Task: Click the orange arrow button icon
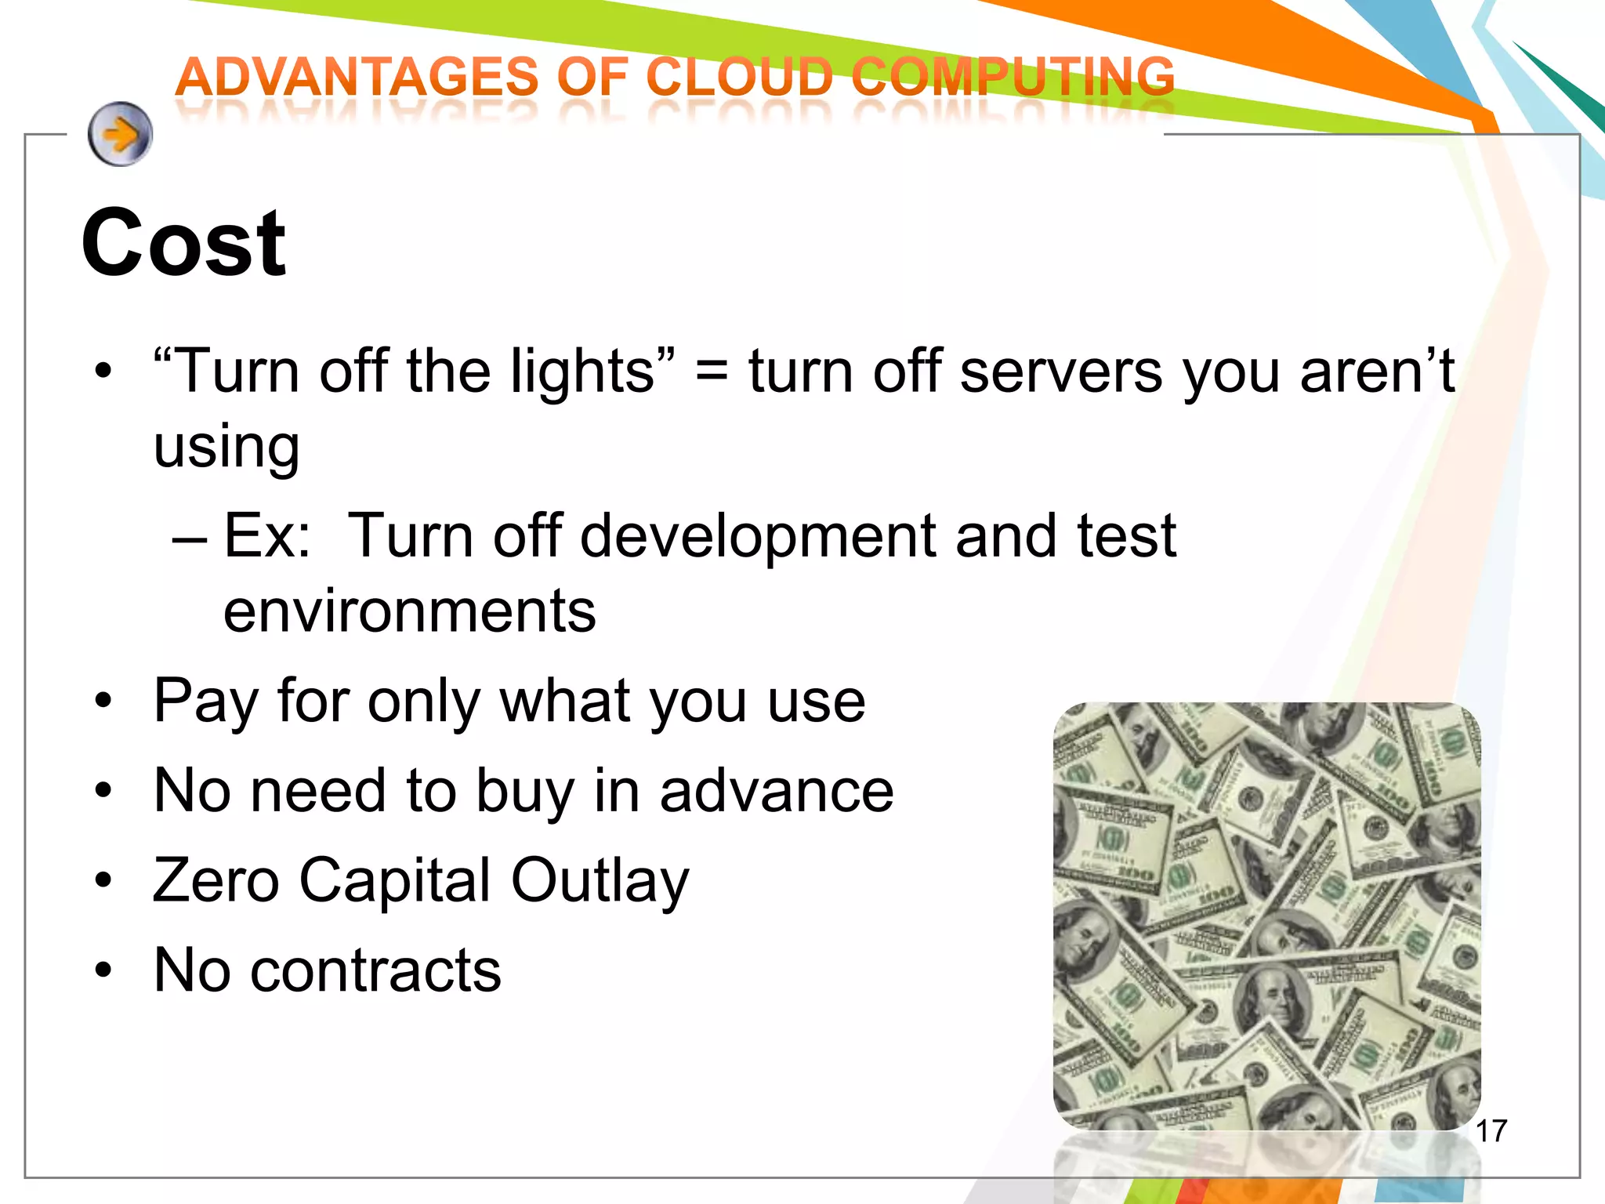pos(120,134)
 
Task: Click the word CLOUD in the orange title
pos(740,78)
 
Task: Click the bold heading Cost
pos(184,243)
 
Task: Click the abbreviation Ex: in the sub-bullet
pos(267,536)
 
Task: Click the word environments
pos(409,611)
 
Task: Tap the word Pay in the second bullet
pos(205,702)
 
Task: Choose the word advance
pos(776,791)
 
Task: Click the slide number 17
pos(1491,1132)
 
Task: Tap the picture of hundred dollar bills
pos(1266,916)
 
